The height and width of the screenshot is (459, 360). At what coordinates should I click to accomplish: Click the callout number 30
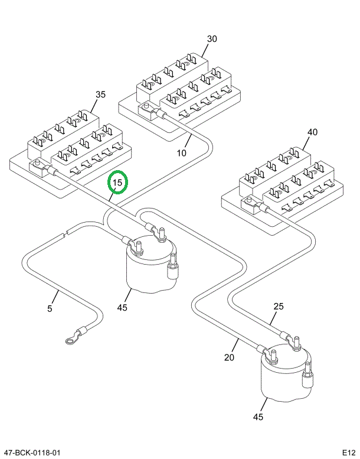[x=212, y=39]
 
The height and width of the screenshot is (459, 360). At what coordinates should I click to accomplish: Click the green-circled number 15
[x=117, y=183]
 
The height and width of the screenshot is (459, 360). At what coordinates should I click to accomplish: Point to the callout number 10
[x=181, y=152]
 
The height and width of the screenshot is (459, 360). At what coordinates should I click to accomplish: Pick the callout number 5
[x=50, y=308]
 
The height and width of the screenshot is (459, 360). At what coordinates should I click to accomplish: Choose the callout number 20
[x=230, y=357]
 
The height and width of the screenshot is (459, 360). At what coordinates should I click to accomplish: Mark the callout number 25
[x=279, y=306]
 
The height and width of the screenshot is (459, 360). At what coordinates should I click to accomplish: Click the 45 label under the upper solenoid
[x=122, y=307]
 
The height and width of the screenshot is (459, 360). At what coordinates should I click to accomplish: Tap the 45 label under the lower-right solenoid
[x=257, y=417]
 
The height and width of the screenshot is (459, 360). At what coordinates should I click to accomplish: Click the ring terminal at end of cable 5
[x=70, y=339]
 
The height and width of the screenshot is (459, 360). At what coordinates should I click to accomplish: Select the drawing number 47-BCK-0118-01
[x=32, y=453]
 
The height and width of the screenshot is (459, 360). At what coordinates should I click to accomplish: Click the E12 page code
[x=348, y=453]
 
